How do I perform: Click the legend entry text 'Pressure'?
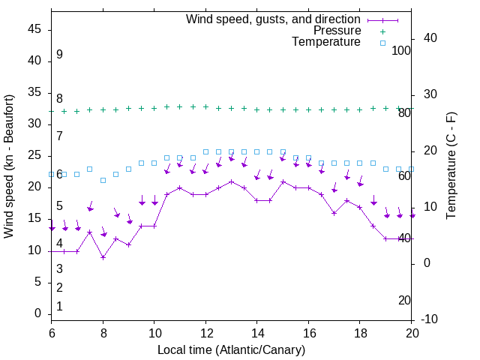(x=337, y=31)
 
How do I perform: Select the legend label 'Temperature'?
(x=326, y=42)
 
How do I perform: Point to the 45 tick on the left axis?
(x=35, y=29)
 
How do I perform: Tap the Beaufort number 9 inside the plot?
(x=59, y=55)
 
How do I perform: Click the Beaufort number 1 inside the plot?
(x=59, y=307)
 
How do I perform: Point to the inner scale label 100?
(x=401, y=50)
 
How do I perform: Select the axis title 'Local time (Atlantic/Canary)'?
(x=231, y=349)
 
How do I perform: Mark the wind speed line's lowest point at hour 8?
(x=103, y=257)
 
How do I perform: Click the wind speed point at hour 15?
(x=283, y=181)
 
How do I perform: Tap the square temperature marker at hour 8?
(x=103, y=181)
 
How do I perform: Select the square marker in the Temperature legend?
(x=382, y=43)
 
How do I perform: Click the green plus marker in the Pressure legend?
(x=382, y=31)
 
